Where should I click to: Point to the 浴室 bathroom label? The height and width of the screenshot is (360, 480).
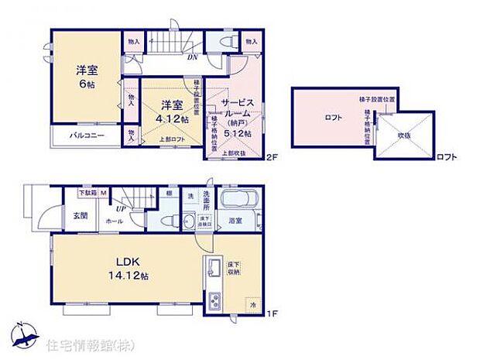pyautogui.click(x=235, y=221)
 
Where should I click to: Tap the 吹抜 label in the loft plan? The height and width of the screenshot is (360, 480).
pyautogui.click(x=403, y=135)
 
